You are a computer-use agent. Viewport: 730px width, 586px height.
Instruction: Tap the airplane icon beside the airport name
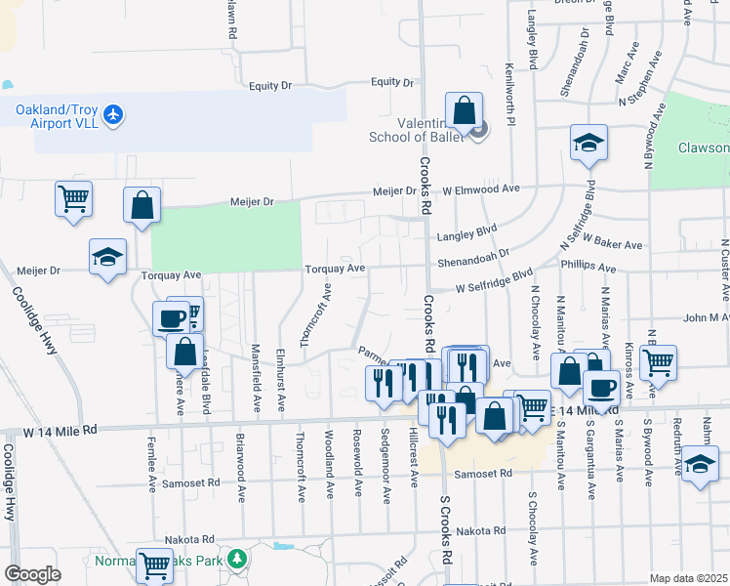(x=113, y=115)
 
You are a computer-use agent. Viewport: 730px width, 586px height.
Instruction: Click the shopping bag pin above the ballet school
(x=465, y=110)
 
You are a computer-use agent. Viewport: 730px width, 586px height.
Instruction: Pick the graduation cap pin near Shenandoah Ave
(x=588, y=144)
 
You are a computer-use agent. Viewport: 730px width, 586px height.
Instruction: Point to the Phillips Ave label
(x=588, y=267)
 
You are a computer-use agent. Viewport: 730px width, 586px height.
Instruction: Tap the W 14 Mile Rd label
(x=61, y=430)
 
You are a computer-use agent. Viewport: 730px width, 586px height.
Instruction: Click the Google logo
(x=32, y=574)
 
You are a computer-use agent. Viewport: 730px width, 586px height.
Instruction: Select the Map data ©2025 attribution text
(x=688, y=578)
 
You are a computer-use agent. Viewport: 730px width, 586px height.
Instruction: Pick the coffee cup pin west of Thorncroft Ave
(x=171, y=318)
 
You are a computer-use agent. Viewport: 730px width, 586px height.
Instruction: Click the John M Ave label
(x=706, y=317)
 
